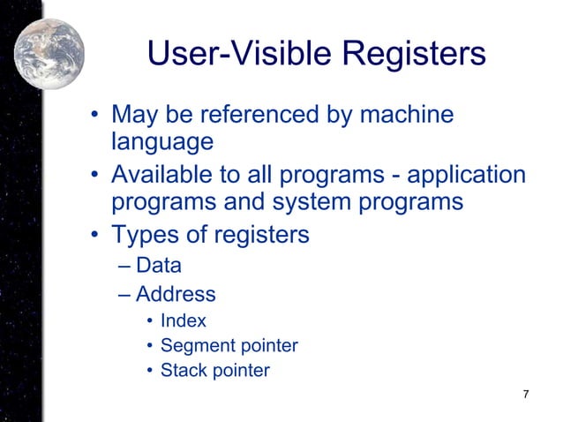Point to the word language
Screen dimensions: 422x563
tap(162, 142)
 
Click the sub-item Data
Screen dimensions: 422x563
tap(158, 264)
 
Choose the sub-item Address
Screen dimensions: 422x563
tap(176, 293)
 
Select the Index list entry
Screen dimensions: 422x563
tap(183, 320)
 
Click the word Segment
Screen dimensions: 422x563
tap(194, 345)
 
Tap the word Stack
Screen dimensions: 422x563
tap(183, 370)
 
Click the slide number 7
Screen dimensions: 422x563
tap(526, 394)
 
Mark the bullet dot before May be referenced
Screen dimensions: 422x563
tap(94, 117)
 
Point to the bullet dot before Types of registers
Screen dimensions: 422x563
tap(94, 237)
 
